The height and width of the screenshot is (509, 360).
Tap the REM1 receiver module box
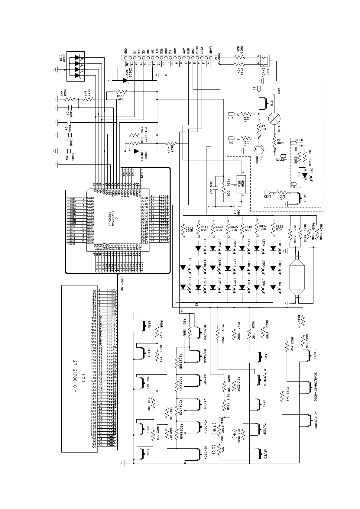tap(240, 184)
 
